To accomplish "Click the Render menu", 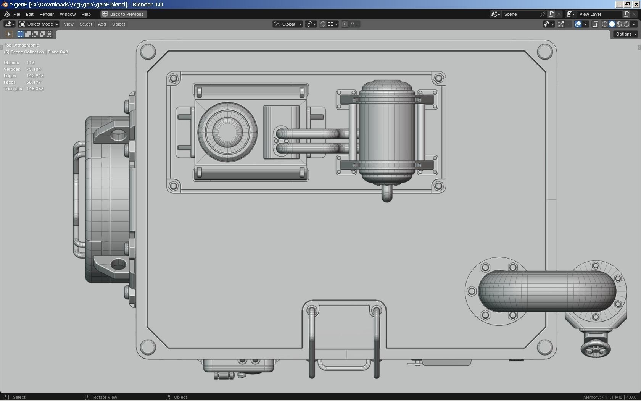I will pos(47,14).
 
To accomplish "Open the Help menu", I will pos(86,14).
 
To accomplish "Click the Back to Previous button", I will pos(123,14).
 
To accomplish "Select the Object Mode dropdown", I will pos(39,24).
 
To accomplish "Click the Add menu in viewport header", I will pos(102,24).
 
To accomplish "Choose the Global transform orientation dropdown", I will pos(288,24).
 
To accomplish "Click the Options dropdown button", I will pos(626,34).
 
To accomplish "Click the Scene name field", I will pos(521,14).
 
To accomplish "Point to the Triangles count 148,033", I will pos(35,89).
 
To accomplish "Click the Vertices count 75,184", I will pos(34,69).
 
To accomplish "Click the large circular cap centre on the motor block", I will pos(227,132).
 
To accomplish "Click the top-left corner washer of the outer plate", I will pos(148,51).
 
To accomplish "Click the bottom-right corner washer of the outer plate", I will pos(545,347).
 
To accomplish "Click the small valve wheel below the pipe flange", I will pos(595,348).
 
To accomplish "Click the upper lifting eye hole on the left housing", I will pos(118,134).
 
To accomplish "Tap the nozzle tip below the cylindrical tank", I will pos(387,194).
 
